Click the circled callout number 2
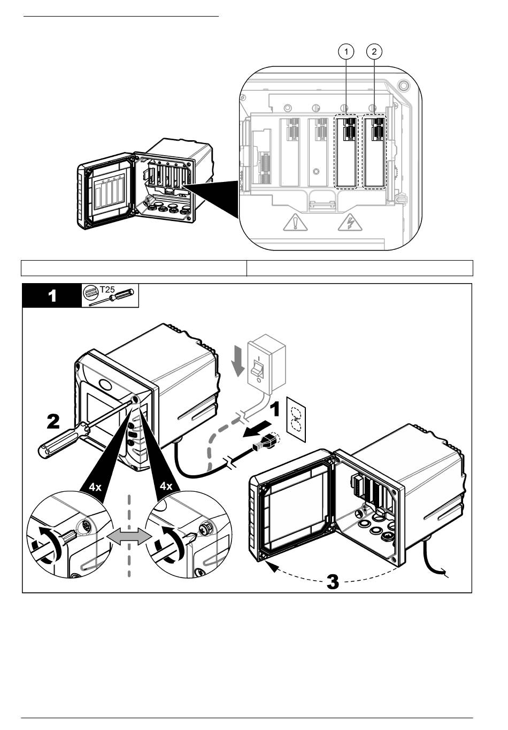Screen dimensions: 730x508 (x=374, y=51)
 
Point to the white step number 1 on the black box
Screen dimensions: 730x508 (x=52, y=296)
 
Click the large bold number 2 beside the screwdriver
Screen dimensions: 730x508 (x=53, y=422)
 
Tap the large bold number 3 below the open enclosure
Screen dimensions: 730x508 (x=333, y=581)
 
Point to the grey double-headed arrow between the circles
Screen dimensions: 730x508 (x=129, y=536)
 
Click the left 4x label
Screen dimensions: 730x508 (x=95, y=486)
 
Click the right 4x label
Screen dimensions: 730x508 (x=166, y=486)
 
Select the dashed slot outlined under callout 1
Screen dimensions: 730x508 (x=346, y=151)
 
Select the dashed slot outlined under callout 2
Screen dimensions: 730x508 (x=375, y=151)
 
